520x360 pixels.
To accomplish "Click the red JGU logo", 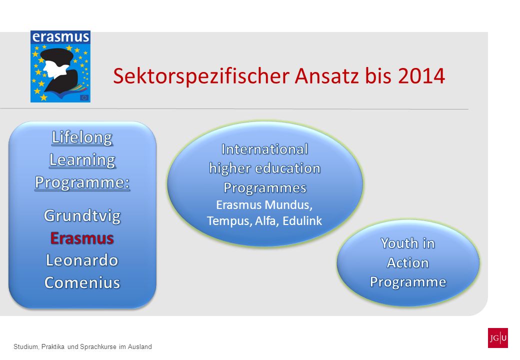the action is tap(497, 338).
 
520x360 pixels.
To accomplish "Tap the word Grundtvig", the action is tap(82, 216).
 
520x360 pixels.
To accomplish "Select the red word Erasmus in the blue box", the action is tap(82, 238).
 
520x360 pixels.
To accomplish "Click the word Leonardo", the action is tap(82, 260).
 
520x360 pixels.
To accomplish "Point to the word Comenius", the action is tap(82, 283).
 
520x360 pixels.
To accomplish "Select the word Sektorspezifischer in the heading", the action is tap(201, 76).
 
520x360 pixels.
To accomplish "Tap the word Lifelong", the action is tap(82, 137).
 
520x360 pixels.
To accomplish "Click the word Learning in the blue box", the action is tap(82, 160).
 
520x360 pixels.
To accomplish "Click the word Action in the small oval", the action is tap(408, 263).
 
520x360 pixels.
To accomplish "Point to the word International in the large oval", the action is tap(264, 149).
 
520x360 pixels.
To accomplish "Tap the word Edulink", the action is tap(302, 221).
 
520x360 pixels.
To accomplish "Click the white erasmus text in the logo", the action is tap(60, 37).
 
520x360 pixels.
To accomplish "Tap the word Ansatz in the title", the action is tap(326, 76).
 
